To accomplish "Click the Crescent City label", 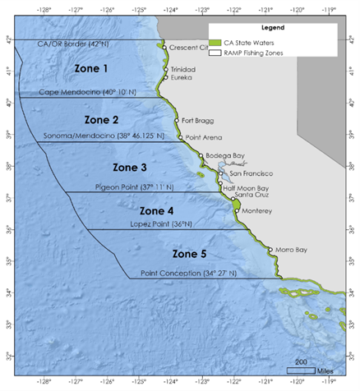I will pyautogui.click(x=190, y=48).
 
